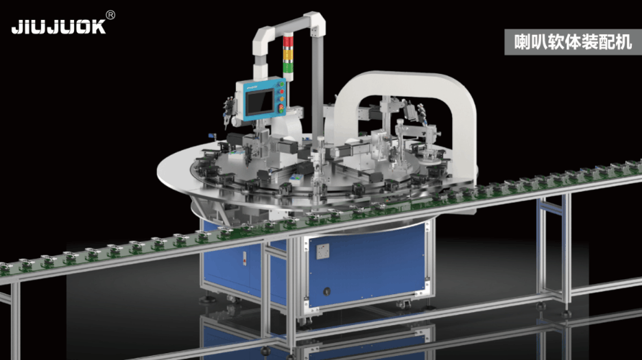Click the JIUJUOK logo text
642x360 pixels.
58,27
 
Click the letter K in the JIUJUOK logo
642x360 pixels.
99,27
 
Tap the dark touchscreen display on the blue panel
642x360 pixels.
256,101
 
